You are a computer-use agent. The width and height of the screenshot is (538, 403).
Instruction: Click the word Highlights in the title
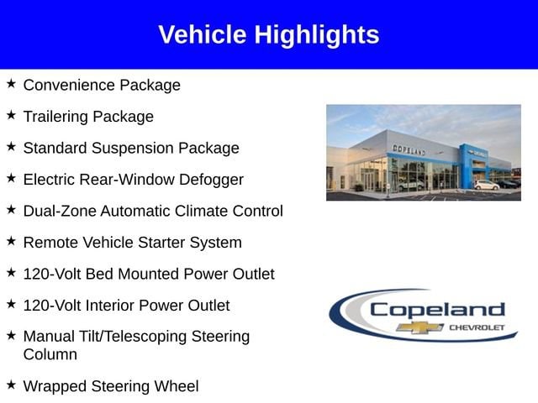point(317,35)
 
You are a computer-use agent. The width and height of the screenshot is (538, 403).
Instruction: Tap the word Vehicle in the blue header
point(203,34)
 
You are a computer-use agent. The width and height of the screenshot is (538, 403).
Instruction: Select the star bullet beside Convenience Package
point(11,83)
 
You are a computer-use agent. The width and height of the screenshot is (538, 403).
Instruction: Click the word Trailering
point(55,117)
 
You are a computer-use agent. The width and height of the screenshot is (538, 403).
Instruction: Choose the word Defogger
point(211,180)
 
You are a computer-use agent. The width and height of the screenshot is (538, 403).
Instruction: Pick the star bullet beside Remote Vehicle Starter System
point(11,241)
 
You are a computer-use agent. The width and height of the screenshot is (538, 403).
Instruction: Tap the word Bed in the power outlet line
point(99,274)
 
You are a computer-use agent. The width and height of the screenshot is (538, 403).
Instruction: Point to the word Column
point(50,354)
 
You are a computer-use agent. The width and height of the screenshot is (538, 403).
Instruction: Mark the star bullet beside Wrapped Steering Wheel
point(11,385)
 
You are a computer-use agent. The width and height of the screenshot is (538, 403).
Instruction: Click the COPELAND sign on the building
point(409,149)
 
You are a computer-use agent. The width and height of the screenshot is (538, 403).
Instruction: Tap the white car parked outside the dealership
point(487,185)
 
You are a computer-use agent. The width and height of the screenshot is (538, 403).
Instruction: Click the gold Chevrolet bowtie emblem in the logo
point(420,327)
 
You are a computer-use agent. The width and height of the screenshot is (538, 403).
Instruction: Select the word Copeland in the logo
point(437,310)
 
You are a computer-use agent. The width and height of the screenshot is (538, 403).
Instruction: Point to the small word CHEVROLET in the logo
point(477,327)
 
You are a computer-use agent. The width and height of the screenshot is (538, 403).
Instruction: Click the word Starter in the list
point(161,243)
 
